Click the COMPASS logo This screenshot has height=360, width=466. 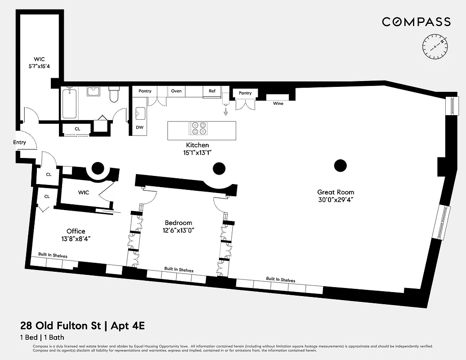[x=416, y=22]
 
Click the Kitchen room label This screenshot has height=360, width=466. [x=197, y=148]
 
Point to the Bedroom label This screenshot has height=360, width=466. [x=178, y=226]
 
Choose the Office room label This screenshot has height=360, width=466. [x=76, y=235]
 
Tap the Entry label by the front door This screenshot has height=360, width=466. [x=19, y=143]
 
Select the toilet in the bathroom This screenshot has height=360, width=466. [x=114, y=96]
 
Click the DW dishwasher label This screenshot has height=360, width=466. [x=140, y=127]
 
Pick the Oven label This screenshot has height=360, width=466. [x=176, y=91]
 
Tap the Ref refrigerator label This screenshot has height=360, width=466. [x=212, y=91]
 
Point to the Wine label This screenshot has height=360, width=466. [x=278, y=103]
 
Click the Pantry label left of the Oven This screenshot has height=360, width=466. [x=145, y=91]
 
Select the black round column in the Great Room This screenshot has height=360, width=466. [x=341, y=166]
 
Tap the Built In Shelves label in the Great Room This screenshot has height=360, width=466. [x=280, y=279]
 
